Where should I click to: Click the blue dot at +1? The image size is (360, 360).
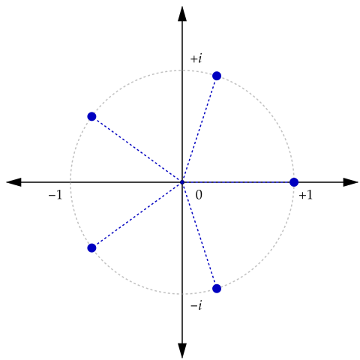click(x=294, y=182)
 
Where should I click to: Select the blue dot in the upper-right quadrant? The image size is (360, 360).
click(x=217, y=76)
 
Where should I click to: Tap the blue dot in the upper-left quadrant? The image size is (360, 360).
click(x=91, y=116)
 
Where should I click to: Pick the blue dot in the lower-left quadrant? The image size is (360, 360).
click(x=91, y=248)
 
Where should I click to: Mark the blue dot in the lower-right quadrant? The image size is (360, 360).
click(x=217, y=289)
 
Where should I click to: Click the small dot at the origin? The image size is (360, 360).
click(x=182, y=182)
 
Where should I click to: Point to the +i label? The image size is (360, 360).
click(x=196, y=58)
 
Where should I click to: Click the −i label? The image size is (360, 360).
click(x=196, y=305)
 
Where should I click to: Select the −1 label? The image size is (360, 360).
click(x=55, y=195)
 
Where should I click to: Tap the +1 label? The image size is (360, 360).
click(x=306, y=195)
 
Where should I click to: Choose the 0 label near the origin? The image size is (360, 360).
click(x=199, y=195)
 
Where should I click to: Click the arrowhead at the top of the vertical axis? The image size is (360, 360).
click(x=182, y=13)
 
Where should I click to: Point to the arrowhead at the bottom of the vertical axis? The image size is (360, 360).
click(x=182, y=351)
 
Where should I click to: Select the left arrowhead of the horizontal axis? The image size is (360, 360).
click(x=13, y=182)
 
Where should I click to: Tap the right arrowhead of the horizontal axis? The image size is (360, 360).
click(x=351, y=182)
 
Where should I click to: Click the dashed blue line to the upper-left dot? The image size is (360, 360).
click(x=137, y=149)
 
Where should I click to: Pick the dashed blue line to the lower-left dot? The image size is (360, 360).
click(x=137, y=215)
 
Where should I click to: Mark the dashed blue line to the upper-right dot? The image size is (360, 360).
click(x=199, y=129)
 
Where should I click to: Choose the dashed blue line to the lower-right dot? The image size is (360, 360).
click(x=199, y=235)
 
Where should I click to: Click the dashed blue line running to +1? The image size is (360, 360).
click(x=238, y=182)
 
